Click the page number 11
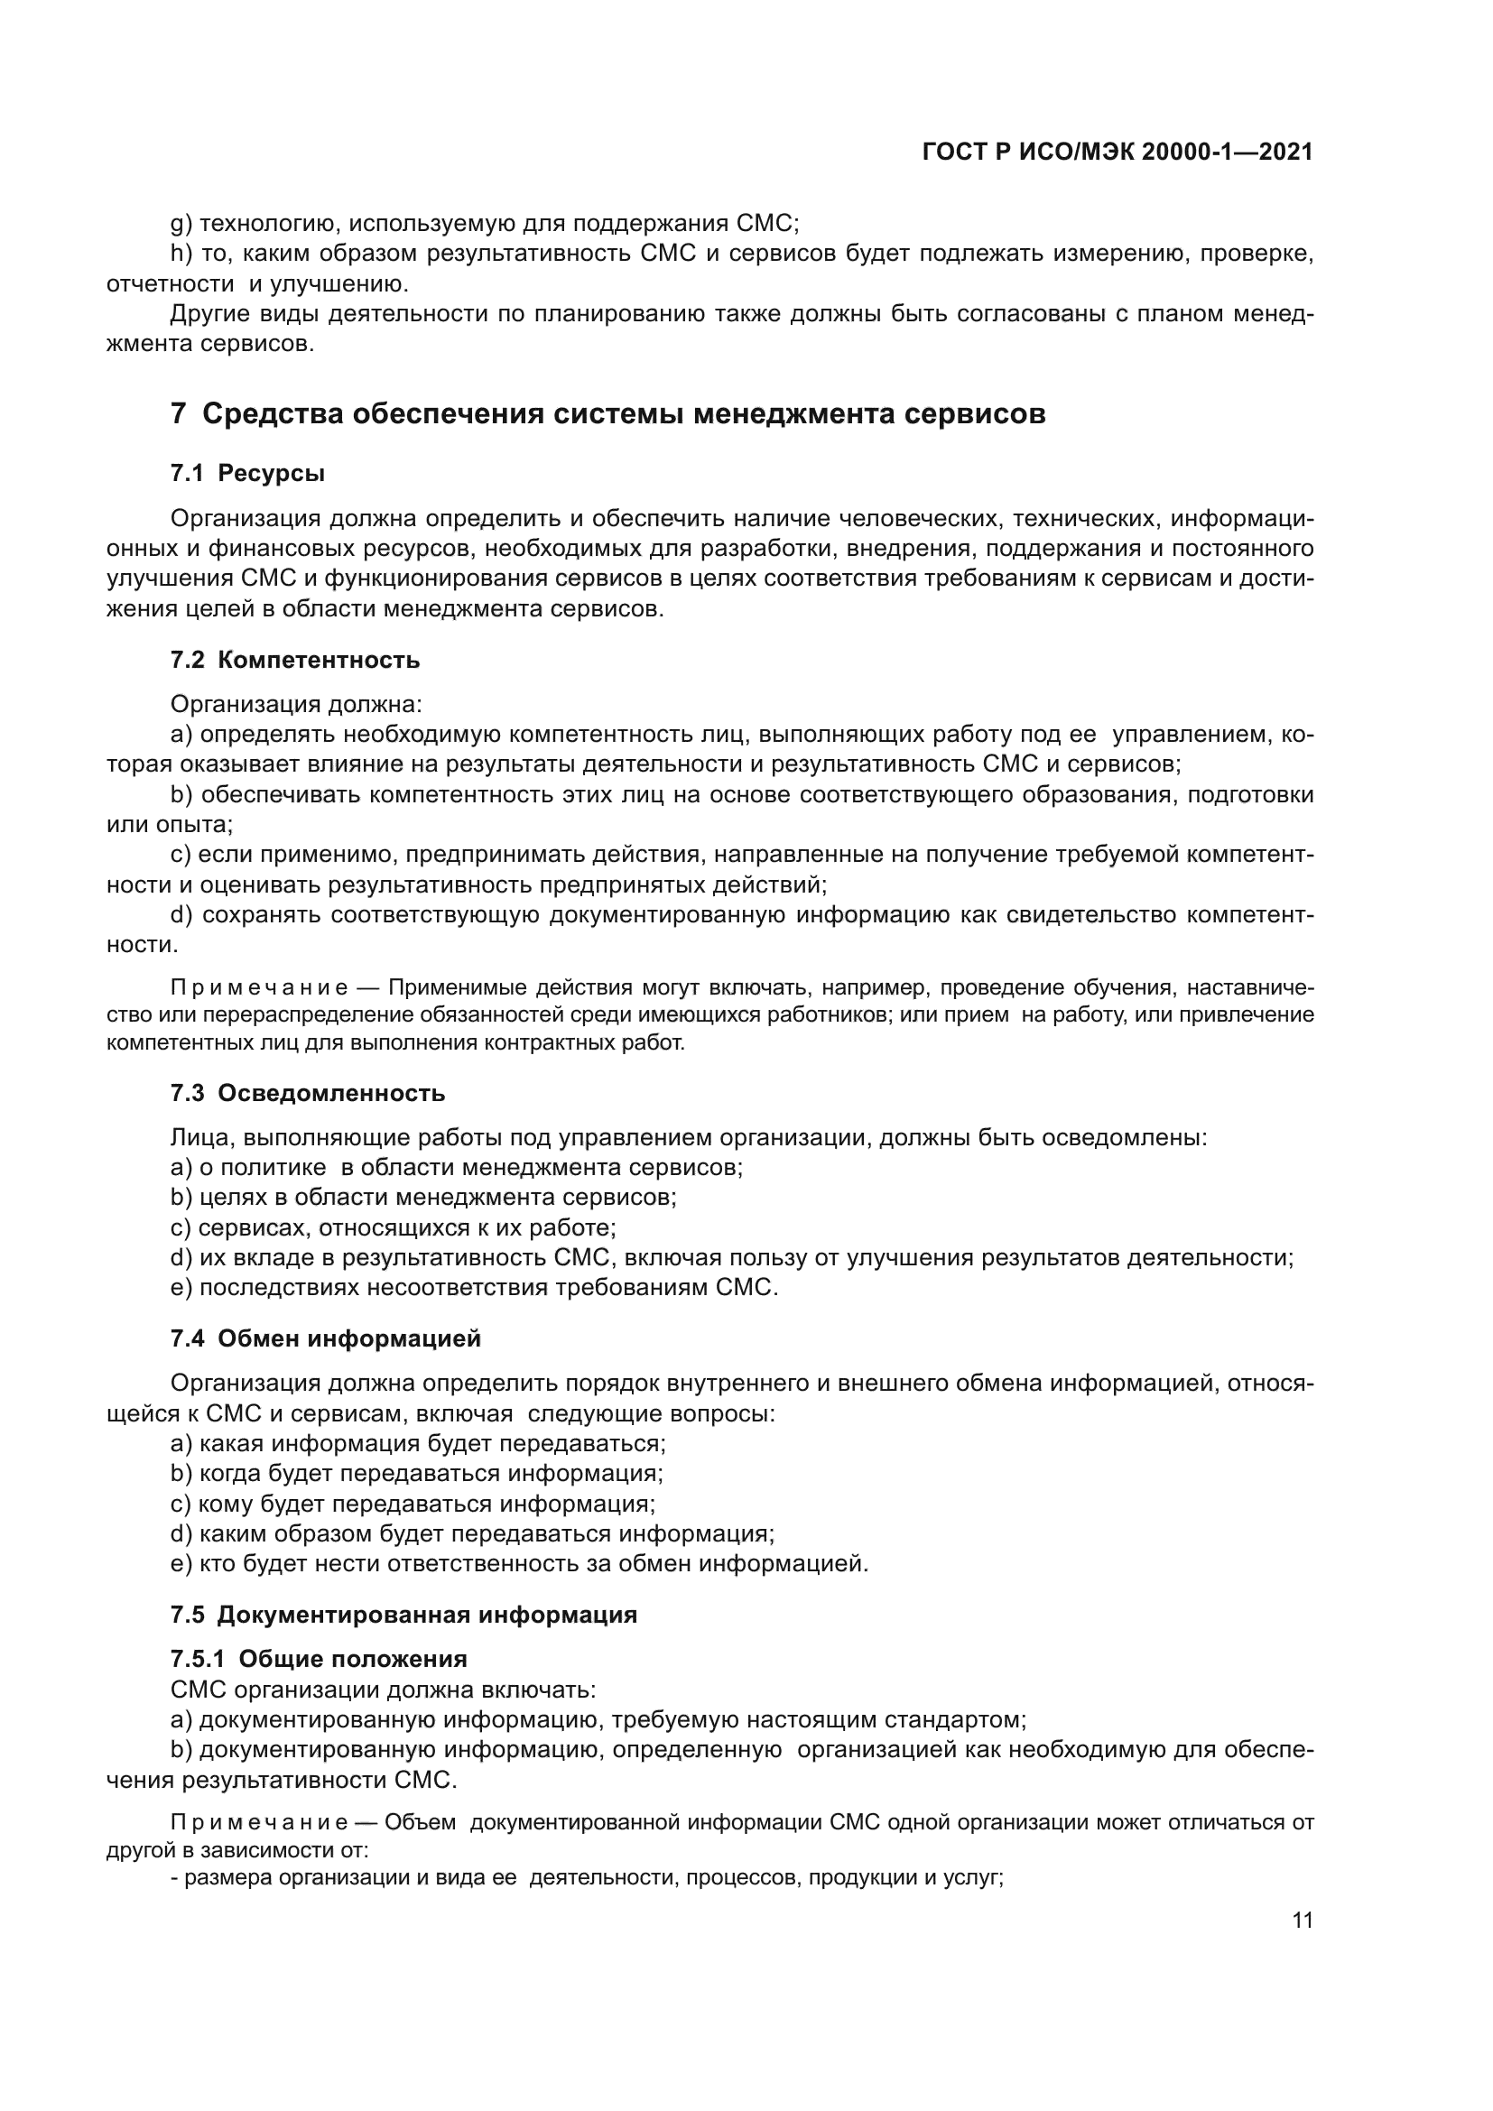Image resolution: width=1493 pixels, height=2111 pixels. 1302,1920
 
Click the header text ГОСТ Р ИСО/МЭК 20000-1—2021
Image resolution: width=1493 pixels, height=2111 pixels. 1117,153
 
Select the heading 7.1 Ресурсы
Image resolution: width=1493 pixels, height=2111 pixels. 247,474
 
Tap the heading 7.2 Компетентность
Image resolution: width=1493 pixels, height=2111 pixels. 294,660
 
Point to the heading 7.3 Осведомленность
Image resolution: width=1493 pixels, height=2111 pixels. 307,1093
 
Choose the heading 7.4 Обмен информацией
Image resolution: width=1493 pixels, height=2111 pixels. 326,1338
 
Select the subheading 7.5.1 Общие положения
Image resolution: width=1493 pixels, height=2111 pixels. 318,1659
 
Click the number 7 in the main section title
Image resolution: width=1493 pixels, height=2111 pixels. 179,413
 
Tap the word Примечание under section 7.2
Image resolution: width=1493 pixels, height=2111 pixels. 258,988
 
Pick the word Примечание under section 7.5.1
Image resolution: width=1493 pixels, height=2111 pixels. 258,1822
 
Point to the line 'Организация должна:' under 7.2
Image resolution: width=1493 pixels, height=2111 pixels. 296,705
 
